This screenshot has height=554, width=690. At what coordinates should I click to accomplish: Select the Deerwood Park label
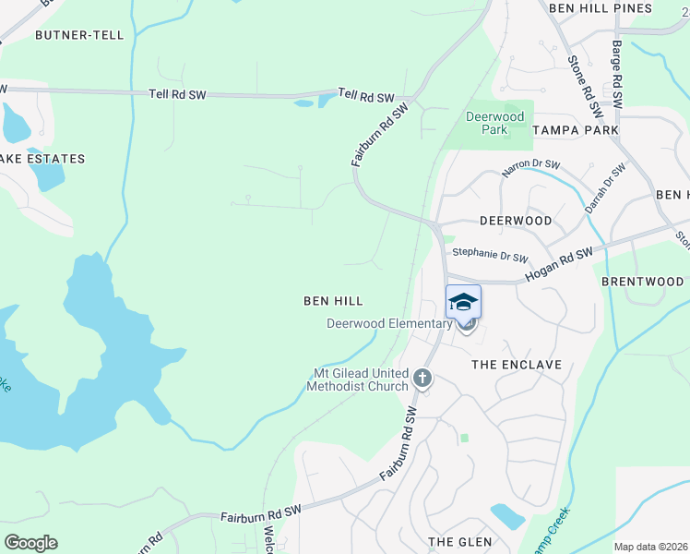pyautogui.click(x=494, y=123)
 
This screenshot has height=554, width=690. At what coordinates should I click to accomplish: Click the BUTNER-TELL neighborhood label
pyautogui.click(x=73, y=35)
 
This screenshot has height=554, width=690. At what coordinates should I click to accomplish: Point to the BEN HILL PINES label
pyautogui.click(x=601, y=7)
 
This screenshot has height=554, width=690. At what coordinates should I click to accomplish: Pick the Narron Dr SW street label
pyautogui.click(x=530, y=168)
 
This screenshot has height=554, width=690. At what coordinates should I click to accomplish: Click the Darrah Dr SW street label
pyautogui.click(x=604, y=190)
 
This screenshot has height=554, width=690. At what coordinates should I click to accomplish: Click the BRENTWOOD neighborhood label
pyautogui.click(x=642, y=281)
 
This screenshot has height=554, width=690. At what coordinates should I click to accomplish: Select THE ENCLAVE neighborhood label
pyautogui.click(x=517, y=365)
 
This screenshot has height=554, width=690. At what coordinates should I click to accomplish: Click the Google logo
pyautogui.click(x=30, y=543)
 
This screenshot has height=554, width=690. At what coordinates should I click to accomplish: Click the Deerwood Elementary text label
pyautogui.click(x=389, y=323)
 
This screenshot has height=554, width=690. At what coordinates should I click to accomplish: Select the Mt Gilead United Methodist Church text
pyautogui.click(x=363, y=379)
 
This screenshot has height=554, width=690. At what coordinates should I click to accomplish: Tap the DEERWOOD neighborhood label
pyautogui.click(x=516, y=221)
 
